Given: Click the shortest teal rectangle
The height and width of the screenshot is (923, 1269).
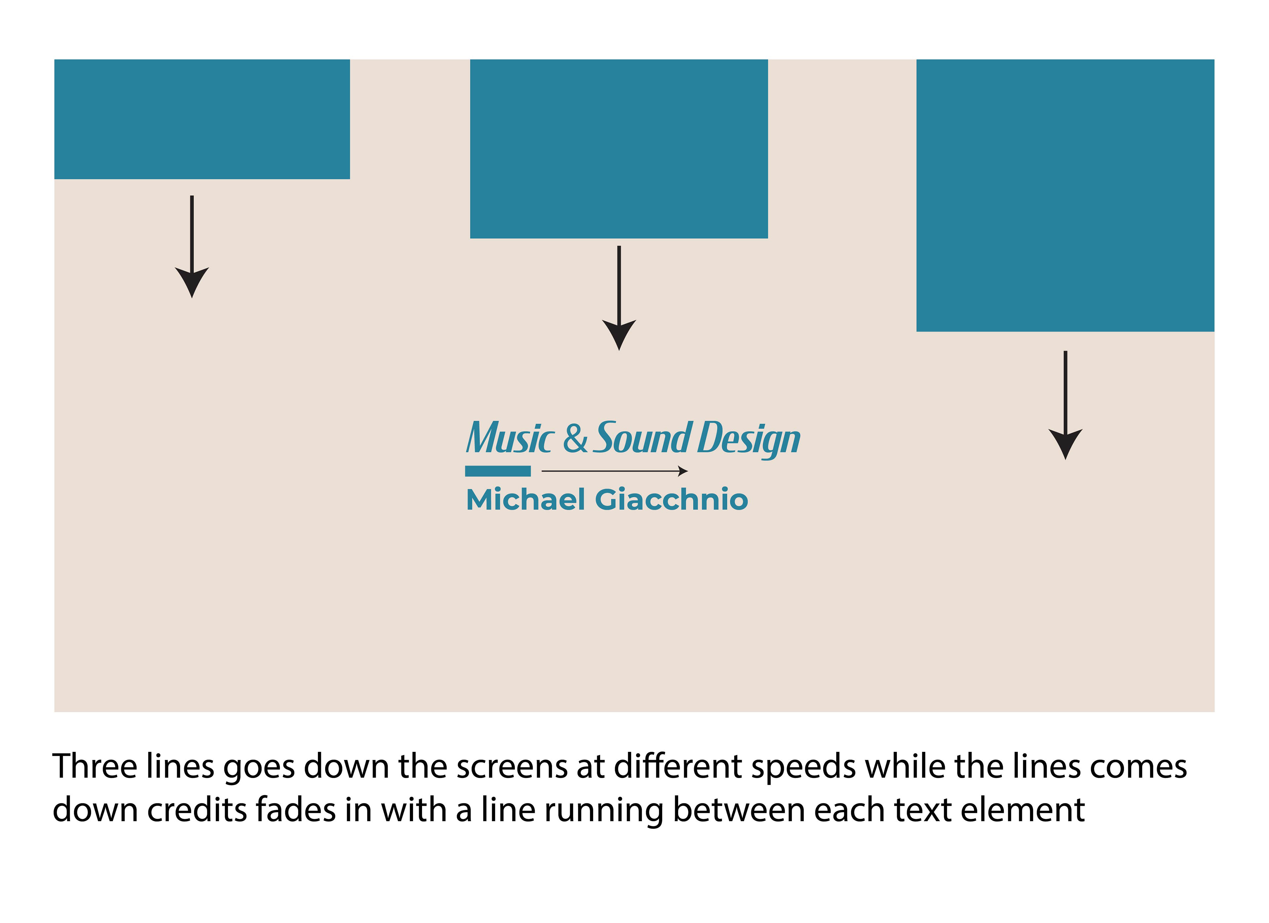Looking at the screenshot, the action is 202,119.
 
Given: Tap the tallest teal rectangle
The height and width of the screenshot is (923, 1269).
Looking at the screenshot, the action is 1065,195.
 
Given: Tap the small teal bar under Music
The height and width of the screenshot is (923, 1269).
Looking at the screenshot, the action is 497,471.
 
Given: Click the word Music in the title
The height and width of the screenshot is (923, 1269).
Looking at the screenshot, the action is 509,438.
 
